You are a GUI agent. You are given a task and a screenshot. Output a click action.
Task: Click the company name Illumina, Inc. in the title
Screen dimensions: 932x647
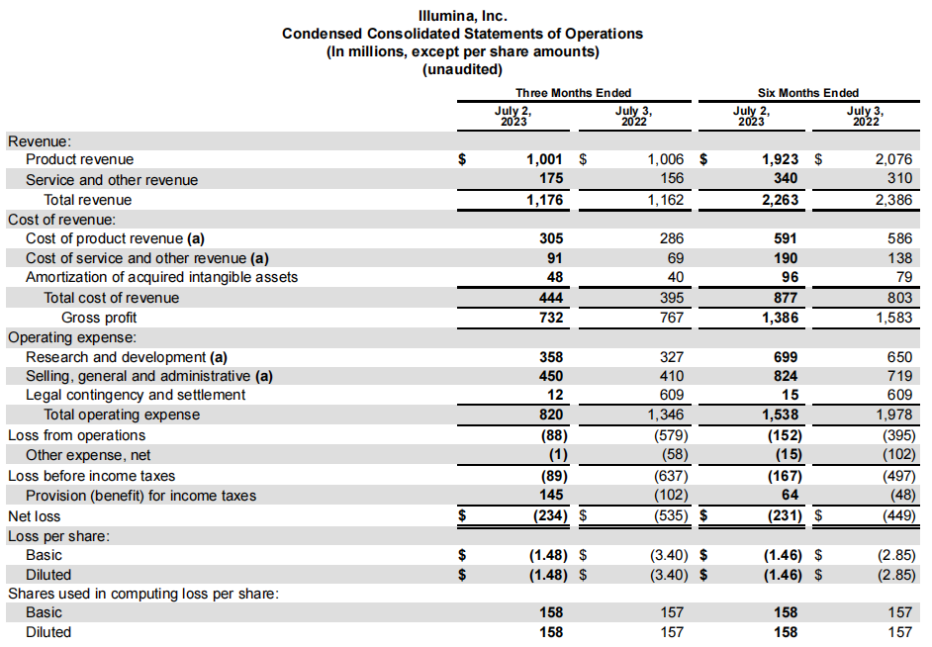click(x=462, y=16)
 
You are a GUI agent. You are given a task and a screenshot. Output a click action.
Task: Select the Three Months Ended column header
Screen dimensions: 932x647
click(x=573, y=93)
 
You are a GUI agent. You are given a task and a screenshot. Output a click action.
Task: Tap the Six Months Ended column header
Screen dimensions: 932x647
click(x=807, y=93)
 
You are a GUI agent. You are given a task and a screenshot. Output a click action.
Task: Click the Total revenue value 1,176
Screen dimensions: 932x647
click(x=544, y=200)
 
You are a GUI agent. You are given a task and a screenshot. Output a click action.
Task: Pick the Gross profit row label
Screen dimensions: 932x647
click(x=99, y=318)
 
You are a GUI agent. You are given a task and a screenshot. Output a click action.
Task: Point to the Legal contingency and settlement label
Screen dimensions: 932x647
click(x=136, y=395)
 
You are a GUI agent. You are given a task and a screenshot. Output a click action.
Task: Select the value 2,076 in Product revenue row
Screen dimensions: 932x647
click(x=893, y=159)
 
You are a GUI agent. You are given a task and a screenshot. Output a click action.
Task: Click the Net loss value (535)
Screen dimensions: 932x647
click(x=671, y=515)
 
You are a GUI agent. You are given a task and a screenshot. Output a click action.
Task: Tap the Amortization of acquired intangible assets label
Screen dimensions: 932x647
click(x=161, y=277)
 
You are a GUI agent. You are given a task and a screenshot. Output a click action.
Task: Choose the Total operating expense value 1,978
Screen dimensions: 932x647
click(x=893, y=415)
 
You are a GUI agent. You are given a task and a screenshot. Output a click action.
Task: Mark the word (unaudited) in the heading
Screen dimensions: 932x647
click(x=462, y=69)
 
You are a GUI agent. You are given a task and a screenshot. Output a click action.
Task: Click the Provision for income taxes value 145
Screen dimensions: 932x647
click(x=551, y=495)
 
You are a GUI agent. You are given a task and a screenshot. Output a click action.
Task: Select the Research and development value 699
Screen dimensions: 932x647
click(x=786, y=357)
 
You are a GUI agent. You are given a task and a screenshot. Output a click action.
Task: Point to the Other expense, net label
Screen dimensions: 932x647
click(x=88, y=455)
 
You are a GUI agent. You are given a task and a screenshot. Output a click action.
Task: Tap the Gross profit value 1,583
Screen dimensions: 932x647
click(x=893, y=318)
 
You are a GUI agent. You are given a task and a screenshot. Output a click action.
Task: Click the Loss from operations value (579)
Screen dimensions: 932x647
click(x=671, y=435)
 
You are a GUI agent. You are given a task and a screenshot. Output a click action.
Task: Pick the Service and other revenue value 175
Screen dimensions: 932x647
click(x=551, y=178)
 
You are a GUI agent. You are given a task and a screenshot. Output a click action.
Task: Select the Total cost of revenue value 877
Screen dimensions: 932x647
click(x=786, y=298)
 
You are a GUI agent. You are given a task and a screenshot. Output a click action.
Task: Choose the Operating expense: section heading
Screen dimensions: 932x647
click(x=72, y=337)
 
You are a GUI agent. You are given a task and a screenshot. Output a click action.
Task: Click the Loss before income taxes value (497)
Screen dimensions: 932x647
click(x=898, y=476)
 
